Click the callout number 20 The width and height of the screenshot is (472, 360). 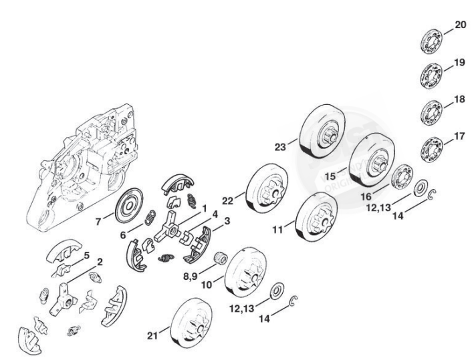coord(460,25)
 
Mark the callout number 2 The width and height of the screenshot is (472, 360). coord(100,262)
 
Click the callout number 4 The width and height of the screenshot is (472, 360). coord(215,213)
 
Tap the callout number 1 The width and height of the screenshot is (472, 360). coord(203,208)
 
